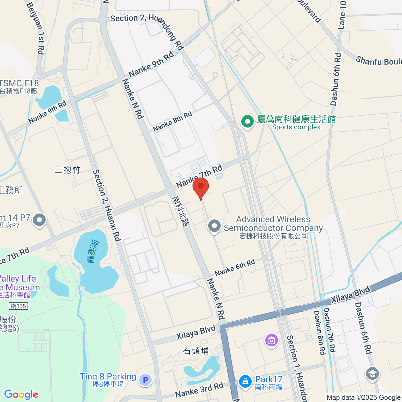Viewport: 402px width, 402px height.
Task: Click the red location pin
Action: (x=201, y=187)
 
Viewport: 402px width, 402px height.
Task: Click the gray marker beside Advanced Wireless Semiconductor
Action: (x=214, y=226)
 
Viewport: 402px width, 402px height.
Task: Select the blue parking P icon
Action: (x=145, y=380)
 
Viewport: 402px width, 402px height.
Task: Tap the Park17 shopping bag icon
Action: (x=245, y=382)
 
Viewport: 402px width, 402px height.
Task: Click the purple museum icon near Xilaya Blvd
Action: (x=271, y=340)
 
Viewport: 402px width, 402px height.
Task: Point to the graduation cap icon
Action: (x=372, y=374)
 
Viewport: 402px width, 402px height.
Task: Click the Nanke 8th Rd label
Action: (x=173, y=121)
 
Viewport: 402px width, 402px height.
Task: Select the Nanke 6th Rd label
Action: (x=235, y=267)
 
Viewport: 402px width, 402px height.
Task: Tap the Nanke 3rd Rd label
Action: (x=199, y=390)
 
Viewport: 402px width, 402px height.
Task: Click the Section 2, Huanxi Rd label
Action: (x=107, y=205)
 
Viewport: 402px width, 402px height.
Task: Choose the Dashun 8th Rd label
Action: (x=319, y=332)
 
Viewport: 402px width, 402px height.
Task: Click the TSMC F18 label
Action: (x=19, y=83)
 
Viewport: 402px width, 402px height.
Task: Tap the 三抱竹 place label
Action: (x=67, y=170)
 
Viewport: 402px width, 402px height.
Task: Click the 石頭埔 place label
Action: (x=196, y=351)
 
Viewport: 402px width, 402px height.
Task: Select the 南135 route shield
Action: (x=18, y=306)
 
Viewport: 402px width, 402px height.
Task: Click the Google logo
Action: (x=21, y=394)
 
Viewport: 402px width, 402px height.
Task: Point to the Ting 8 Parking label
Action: (x=108, y=377)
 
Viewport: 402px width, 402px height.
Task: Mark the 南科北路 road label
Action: (x=180, y=211)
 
